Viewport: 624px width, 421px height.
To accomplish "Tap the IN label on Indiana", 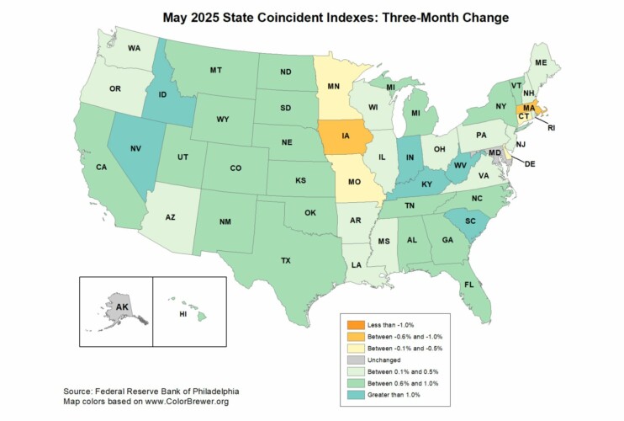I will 410,157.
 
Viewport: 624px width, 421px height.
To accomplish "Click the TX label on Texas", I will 286,261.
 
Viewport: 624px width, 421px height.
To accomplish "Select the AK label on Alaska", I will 122,306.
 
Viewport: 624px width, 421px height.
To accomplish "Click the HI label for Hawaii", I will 183,313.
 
